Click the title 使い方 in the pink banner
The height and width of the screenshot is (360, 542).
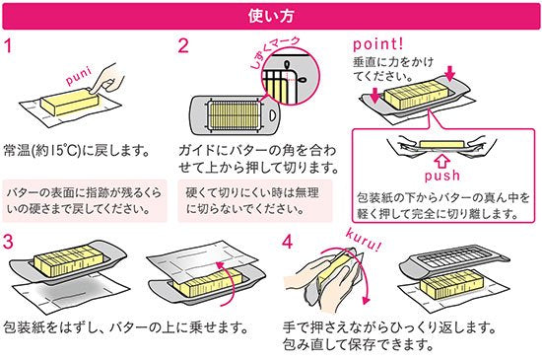[271, 16]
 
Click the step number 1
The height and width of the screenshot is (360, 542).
[9, 46]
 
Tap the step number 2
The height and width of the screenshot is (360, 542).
[183, 46]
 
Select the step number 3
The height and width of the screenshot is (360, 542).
[8, 242]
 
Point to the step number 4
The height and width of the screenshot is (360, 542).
[288, 242]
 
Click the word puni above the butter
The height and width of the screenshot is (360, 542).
[79, 76]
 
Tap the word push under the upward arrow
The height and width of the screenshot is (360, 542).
[442, 176]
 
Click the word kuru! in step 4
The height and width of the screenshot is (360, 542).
[364, 239]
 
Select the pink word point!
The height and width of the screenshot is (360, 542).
[378, 44]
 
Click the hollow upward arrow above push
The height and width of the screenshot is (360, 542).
[441, 161]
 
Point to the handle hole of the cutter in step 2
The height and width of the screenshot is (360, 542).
[272, 114]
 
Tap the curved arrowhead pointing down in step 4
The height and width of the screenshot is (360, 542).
[365, 300]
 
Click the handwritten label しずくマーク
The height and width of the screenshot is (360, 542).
[275, 52]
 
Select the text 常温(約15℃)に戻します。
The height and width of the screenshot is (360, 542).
[77, 151]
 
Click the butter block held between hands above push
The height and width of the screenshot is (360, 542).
[441, 144]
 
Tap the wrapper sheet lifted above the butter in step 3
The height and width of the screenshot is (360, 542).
[206, 260]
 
